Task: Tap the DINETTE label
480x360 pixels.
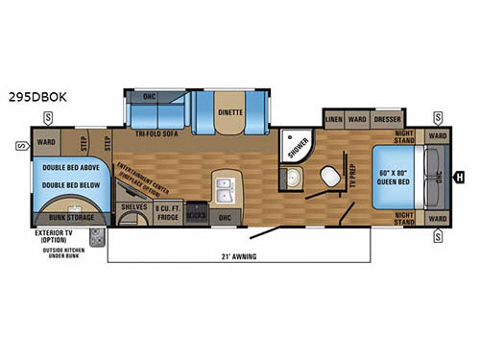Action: click(230, 111)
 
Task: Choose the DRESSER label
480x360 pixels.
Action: click(388, 120)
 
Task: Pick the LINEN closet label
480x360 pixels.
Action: click(334, 120)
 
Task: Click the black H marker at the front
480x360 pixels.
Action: click(459, 176)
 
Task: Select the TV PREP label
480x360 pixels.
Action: click(351, 177)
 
